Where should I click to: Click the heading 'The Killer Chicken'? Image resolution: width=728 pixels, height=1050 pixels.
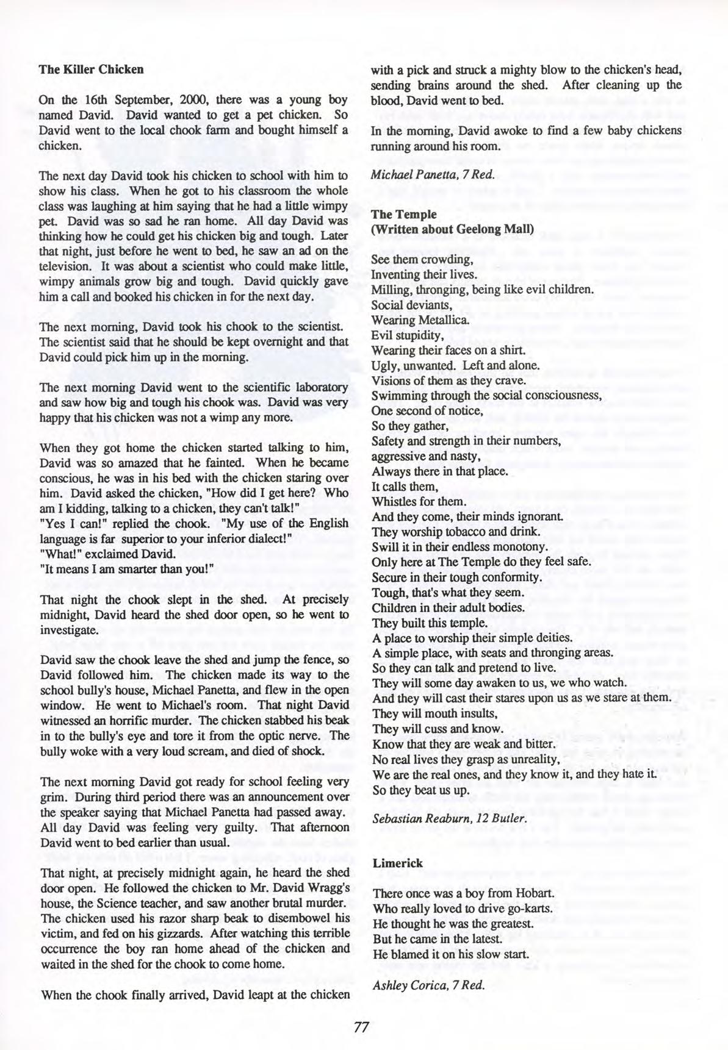click(91, 69)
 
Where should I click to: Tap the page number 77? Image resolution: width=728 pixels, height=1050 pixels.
click(362, 1026)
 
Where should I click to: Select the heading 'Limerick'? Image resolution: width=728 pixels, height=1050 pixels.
click(397, 863)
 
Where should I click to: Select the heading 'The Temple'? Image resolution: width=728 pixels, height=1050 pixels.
click(404, 215)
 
